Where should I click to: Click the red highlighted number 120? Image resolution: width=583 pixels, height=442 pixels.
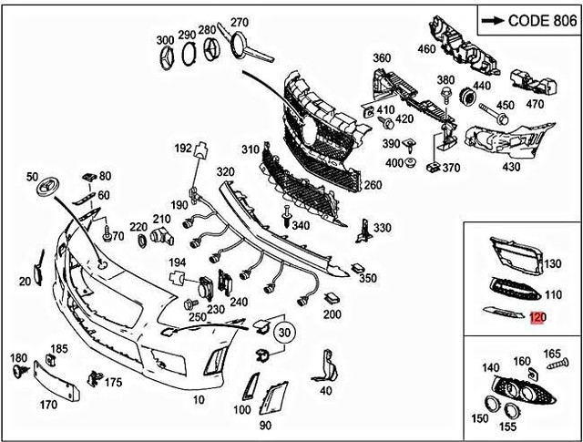click(x=537, y=318)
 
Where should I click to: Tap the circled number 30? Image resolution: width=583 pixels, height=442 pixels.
click(x=285, y=332)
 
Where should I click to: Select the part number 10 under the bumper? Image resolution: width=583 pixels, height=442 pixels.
click(x=199, y=400)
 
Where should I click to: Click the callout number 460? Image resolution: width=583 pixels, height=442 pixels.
click(x=427, y=48)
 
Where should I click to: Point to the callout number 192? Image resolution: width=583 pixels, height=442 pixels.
click(x=183, y=148)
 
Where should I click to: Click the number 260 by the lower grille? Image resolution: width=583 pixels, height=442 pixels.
click(x=347, y=185)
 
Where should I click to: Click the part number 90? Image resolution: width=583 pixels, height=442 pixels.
click(x=265, y=426)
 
